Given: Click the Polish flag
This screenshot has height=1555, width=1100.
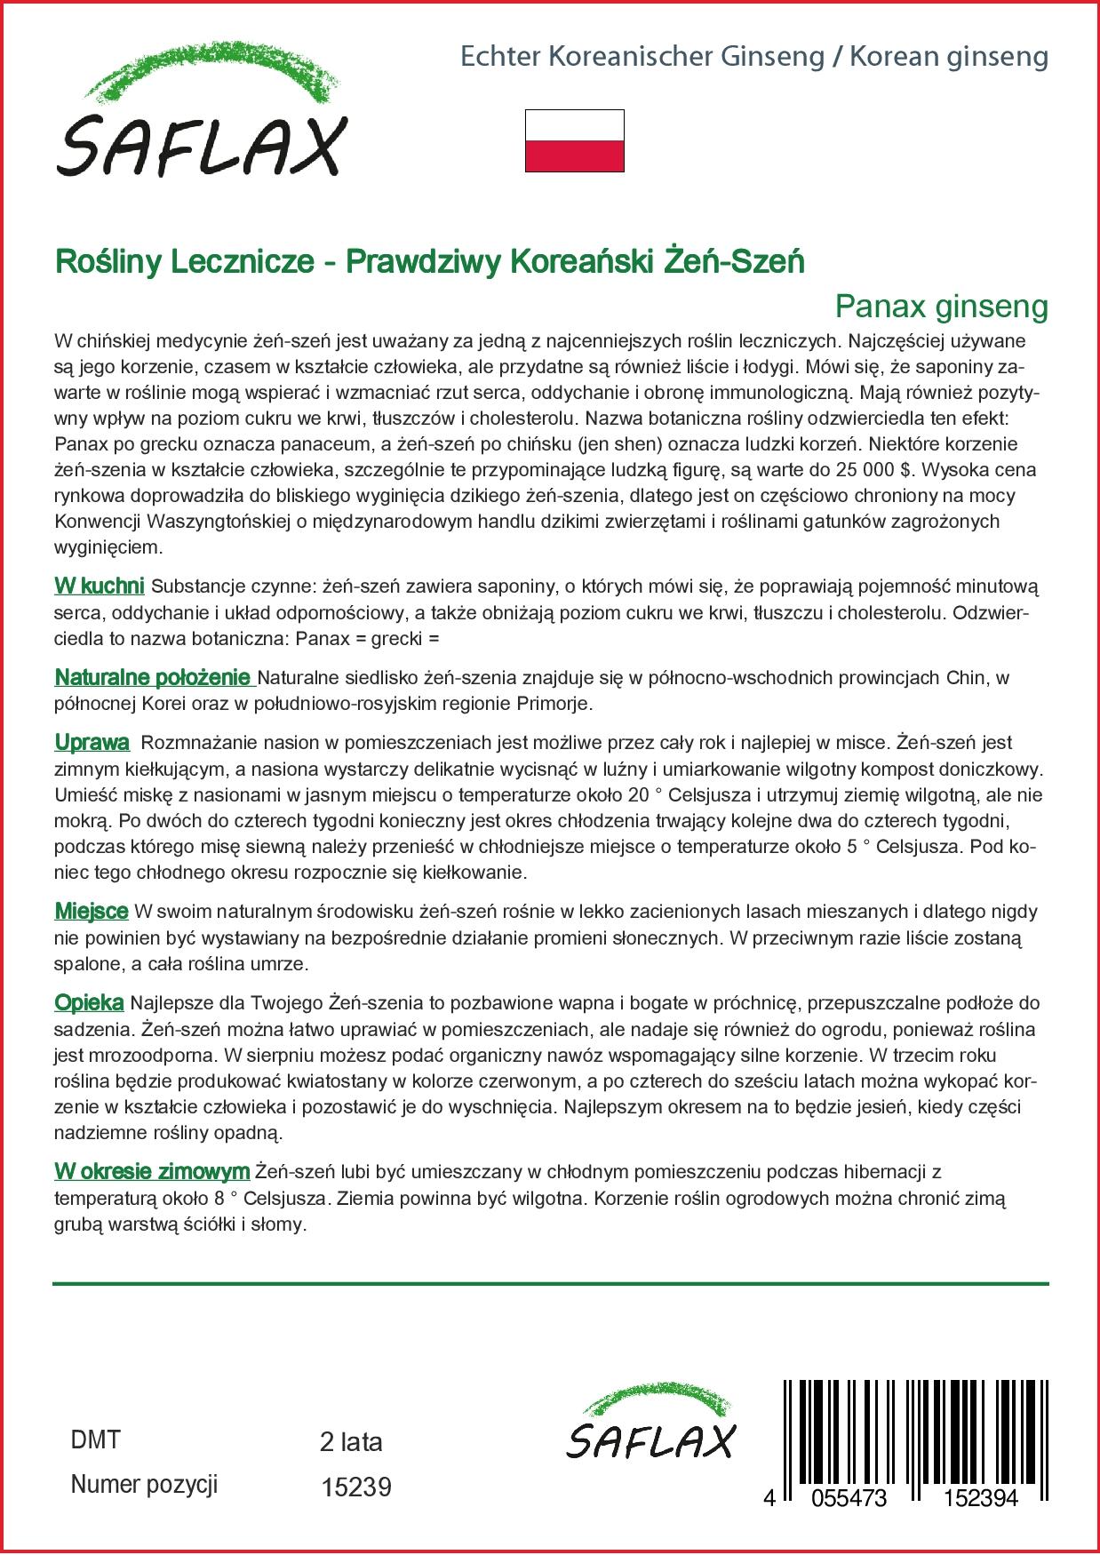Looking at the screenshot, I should (574, 140).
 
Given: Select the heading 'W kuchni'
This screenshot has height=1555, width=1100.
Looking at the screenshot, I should (100, 586).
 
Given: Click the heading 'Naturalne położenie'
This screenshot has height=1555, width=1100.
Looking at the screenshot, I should (154, 677).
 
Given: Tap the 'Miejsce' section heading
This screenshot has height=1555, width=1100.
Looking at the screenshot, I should (91, 911).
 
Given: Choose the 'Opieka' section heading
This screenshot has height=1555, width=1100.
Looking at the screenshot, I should (89, 1003).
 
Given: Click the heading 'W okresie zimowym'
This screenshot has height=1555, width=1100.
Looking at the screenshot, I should (151, 1172).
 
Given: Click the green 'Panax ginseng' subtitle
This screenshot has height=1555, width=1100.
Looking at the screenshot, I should (941, 307).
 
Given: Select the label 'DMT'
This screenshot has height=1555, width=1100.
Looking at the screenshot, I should (94, 1440).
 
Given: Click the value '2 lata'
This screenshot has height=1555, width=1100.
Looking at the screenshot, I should (350, 1441).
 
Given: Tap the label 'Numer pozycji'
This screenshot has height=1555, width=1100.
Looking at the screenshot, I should (144, 1485).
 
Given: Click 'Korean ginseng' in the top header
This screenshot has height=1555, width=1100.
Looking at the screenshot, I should (949, 57).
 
